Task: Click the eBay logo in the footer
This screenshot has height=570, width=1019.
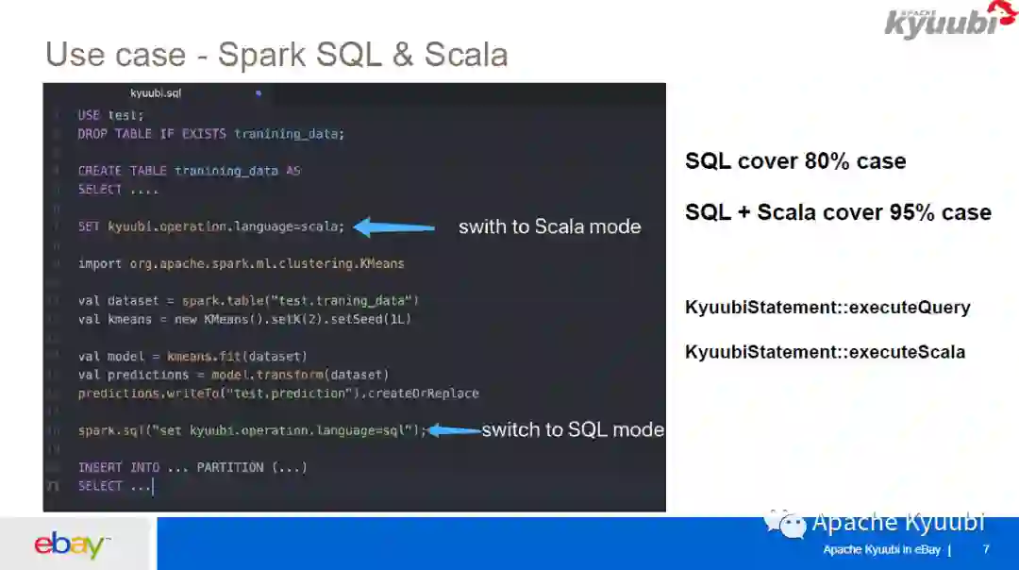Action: click(70, 545)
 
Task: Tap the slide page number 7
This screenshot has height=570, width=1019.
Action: click(986, 549)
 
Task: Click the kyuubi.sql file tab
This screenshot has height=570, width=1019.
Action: click(156, 93)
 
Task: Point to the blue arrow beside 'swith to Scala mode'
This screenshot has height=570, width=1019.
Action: click(394, 226)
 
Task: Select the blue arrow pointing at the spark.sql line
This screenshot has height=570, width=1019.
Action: click(453, 430)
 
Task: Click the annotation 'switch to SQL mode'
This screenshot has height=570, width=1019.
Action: click(573, 430)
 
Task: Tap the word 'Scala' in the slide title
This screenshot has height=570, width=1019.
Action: click(466, 55)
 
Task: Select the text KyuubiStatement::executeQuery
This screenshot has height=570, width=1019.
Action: click(827, 308)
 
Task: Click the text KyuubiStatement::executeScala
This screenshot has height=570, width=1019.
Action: click(825, 352)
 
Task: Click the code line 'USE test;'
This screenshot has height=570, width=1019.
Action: click(111, 115)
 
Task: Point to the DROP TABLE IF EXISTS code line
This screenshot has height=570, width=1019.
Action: click(211, 134)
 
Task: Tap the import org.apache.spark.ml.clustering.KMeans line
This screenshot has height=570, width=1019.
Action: click(241, 263)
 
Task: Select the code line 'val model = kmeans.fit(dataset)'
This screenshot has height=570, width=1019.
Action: click(192, 357)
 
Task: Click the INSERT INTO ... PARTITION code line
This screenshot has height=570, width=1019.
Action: click(192, 467)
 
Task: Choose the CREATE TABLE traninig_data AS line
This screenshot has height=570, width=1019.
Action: click(189, 171)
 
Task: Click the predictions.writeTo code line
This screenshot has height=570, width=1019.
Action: click(278, 394)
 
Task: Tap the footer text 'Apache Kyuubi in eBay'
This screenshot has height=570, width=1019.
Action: click(880, 550)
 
